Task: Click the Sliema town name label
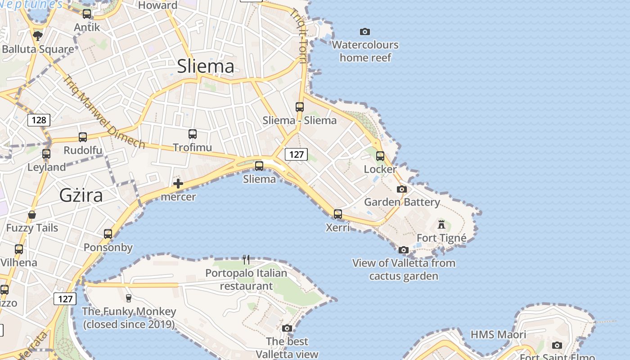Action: (206, 66)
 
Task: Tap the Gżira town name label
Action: (81, 195)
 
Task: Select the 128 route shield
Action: (39, 120)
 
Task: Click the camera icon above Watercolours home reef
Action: (365, 31)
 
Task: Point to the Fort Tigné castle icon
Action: (441, 224)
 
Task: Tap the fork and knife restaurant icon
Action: (246, 259)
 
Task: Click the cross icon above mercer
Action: (178, 184)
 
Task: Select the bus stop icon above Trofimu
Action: (193, 134)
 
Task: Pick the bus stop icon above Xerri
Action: (338, 214)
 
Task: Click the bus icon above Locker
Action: (380, 156)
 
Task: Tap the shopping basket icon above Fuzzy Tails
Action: (32, 215)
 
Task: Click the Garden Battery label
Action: (402, 202)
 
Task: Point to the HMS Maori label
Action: (498, 334)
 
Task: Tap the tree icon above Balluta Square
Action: (38, 36)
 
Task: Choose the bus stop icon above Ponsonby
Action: (108, 234)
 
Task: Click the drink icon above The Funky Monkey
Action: (129, 298)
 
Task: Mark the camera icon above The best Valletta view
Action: (287, 328)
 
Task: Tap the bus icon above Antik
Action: (87, 14)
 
